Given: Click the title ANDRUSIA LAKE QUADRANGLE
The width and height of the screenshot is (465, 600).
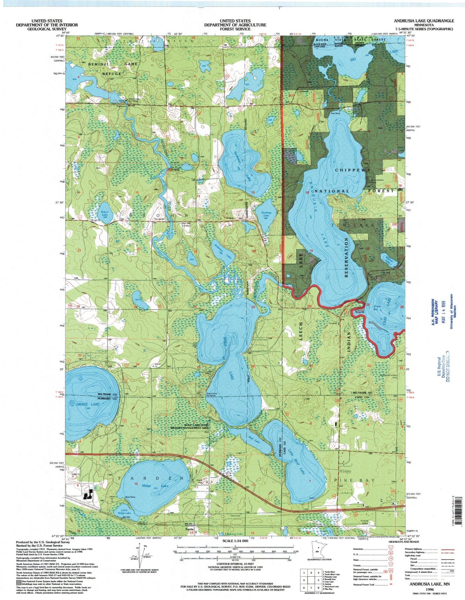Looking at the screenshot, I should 424,21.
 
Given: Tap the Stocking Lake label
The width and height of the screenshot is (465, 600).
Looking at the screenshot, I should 266,214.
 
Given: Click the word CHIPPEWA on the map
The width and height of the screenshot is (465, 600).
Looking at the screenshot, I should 353,169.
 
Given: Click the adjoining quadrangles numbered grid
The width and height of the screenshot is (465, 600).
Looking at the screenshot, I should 311,580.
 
